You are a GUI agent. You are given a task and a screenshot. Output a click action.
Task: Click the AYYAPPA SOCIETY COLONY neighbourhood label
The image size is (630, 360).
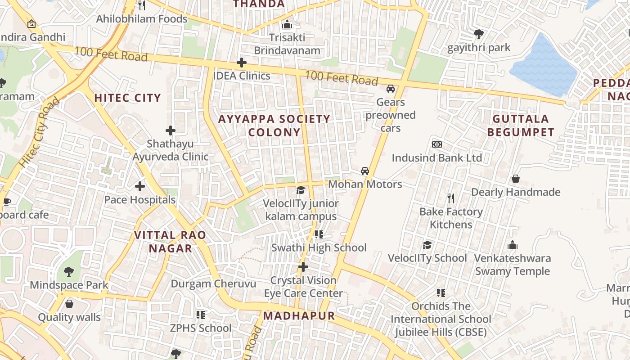coord(274,126)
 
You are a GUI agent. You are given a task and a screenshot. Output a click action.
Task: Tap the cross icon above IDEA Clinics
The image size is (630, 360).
coord(242,63)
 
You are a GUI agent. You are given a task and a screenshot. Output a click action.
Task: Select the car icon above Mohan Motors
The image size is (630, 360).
coord(365,171)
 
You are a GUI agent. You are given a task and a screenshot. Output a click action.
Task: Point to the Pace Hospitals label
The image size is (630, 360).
coord(140,200)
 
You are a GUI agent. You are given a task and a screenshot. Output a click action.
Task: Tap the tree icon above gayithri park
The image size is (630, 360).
coord(478,34)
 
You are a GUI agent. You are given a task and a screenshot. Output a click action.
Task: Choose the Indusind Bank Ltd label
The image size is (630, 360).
coord(436,158)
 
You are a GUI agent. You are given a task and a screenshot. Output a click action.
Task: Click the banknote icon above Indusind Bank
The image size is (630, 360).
coord(436,144)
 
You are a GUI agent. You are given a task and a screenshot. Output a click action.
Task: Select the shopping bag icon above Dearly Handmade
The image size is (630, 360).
coord(516,179)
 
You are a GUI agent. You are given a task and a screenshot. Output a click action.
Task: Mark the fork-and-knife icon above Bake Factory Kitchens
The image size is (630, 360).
coord(451,198)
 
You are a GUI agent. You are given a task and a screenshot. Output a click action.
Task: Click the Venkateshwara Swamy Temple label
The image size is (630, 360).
coord(513,265)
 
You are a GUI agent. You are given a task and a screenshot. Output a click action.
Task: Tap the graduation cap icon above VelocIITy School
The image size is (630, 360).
coord(427,245)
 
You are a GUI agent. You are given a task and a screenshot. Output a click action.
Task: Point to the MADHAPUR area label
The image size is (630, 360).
coord(299,316)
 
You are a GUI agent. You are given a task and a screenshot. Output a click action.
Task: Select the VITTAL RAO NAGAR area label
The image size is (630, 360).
coord(170,242)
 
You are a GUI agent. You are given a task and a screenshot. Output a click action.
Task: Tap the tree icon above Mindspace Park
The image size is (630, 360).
coord(68,272)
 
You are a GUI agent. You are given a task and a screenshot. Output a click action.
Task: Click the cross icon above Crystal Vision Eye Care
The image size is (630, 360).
coord(303,267)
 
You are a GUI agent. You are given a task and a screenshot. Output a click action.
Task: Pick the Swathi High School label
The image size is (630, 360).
coord(319,247)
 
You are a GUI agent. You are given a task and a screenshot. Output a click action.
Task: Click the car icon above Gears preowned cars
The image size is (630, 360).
coord(391,89)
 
